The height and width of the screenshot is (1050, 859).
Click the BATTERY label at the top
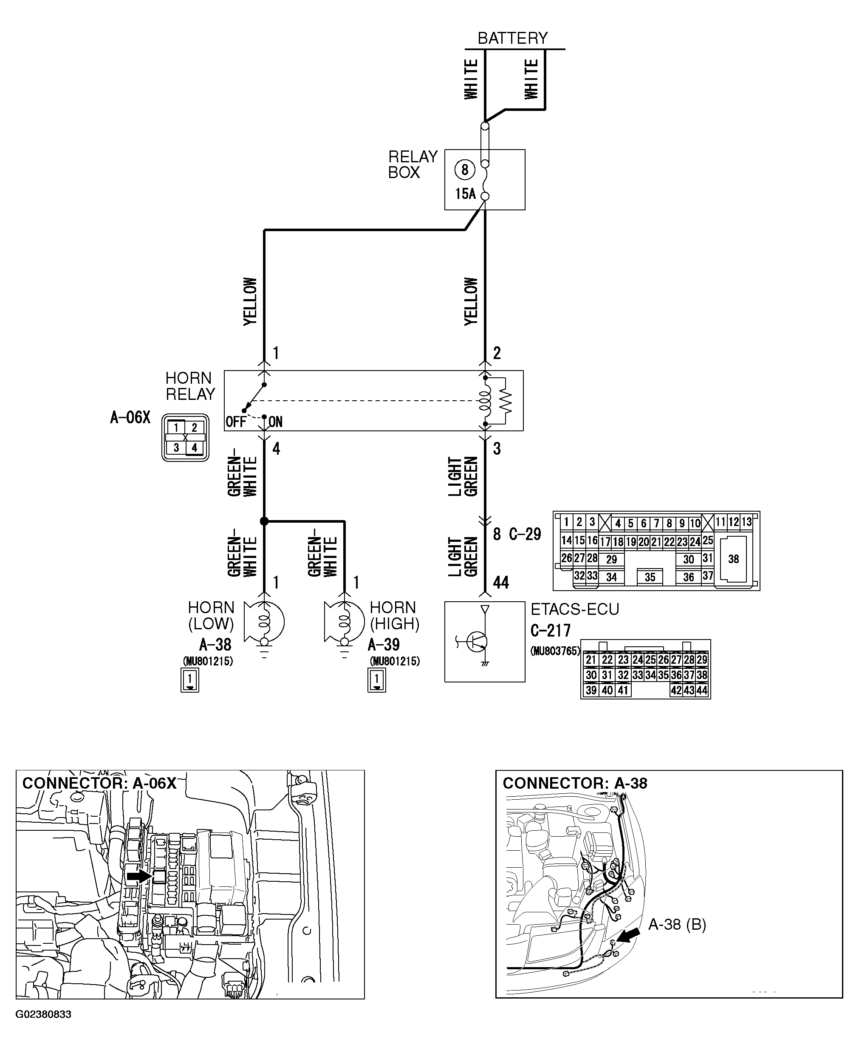[513, 38]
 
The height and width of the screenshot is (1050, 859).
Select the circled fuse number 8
[464, 170]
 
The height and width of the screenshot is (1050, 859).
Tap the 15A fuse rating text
[465, 194]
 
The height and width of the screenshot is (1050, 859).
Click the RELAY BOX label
[412, 164]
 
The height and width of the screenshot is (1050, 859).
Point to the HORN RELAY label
[190, 386]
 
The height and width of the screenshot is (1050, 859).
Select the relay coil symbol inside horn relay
[486, 400]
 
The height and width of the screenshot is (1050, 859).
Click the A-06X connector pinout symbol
[185, 437]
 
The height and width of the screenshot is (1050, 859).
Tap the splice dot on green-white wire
[264, 521]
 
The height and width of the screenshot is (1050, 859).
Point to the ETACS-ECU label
[574, 609]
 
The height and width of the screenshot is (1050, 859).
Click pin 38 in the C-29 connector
[733, 559]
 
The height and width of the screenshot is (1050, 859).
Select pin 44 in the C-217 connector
[702, 690]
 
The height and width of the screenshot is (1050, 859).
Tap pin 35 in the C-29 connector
[650, 577]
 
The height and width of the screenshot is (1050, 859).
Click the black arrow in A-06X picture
[138, 876]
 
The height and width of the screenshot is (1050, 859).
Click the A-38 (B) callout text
[677, 924]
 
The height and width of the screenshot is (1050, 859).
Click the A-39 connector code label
[384, 645]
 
